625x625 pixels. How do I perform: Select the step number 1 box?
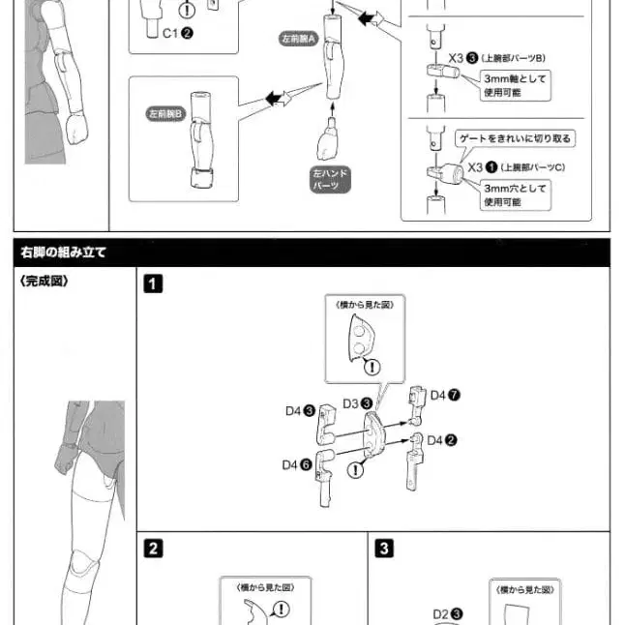tap(152, 283)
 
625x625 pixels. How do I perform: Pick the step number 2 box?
tap(152, 549)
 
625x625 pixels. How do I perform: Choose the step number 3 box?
tap(384, 549)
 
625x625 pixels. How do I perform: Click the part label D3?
tap(350, 402)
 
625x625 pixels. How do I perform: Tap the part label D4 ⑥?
tap(297, 464)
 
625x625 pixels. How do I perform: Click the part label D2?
tap(447, 613)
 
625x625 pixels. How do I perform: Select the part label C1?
tap(177, 32)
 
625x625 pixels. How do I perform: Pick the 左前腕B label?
tap(165, 113)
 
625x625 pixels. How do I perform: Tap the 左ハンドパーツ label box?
tap(330, 179)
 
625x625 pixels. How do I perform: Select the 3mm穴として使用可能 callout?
tap(515, 195)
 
